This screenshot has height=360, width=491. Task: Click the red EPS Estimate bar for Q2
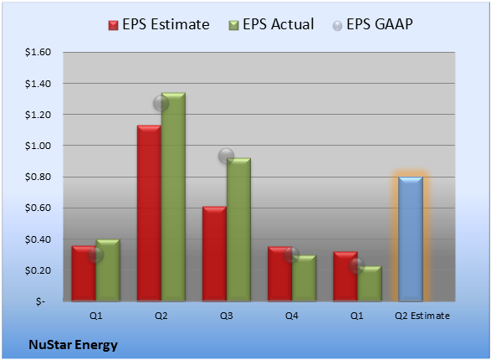coord(149,213)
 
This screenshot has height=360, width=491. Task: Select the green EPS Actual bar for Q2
coord(173,197)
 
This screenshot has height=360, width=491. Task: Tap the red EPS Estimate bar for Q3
coord(214,254)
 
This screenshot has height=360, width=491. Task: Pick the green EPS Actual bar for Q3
coord(238,229)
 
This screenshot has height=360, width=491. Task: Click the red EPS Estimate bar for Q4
coord(279,274)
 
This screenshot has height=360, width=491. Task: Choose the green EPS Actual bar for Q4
coord(304,278)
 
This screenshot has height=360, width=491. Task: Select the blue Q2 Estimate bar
coord(411,239)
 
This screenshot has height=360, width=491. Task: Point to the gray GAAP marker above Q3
coord(226,156)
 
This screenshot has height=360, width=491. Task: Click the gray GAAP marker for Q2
coord(161,103)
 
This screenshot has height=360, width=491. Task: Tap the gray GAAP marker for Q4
coord(292,255)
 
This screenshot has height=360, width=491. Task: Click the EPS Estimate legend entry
coord(159,24)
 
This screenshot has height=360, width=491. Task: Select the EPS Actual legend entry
coord(271,24)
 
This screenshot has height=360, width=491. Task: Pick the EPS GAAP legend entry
coord(372,24)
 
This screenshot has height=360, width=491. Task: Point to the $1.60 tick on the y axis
coord(38,52)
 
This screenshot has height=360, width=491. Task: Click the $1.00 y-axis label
coord(38,146)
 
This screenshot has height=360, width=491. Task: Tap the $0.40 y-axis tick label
coord(38,239)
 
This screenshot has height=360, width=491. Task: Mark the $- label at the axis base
coord(40,301)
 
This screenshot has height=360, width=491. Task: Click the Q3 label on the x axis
coord(227,316)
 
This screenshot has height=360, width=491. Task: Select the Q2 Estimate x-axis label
coord(422,316)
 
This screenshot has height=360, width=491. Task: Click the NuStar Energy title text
coord(74,345)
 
